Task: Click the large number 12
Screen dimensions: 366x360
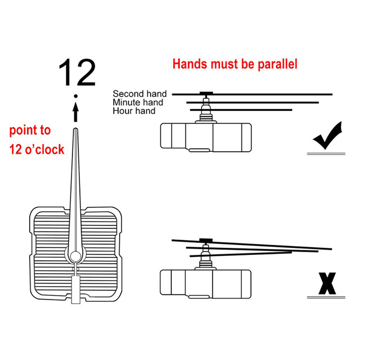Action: tap(77, 72)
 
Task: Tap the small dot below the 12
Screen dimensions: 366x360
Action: tap(76, 96)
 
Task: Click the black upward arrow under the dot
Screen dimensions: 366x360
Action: tap(76, 112)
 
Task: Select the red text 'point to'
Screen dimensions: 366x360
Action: tap(30, 130)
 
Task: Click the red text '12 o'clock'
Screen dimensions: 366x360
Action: tap(37, 149)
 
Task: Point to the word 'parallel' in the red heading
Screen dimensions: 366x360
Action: tap(278, 64)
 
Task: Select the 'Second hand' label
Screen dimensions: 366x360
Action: tap(139, 94)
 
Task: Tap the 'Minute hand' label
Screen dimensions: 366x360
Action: tap(138, 102)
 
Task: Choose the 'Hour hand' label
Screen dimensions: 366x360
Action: tap(134, 111)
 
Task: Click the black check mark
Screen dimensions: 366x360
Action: tap(327, 136)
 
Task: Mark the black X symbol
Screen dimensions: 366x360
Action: tap(327, 283)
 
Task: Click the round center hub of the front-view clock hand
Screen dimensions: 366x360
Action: tap(76, 256)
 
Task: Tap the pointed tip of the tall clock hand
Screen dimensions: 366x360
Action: tap(76, 128)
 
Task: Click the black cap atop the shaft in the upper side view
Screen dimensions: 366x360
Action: tap(206, 93)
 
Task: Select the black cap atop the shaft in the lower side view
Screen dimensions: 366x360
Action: tap(206, 240)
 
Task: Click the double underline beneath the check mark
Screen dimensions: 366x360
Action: tap(326, 154)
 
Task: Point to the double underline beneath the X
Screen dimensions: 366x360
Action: tap(326, 297)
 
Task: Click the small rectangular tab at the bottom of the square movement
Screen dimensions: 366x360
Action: tap(76, 290)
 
